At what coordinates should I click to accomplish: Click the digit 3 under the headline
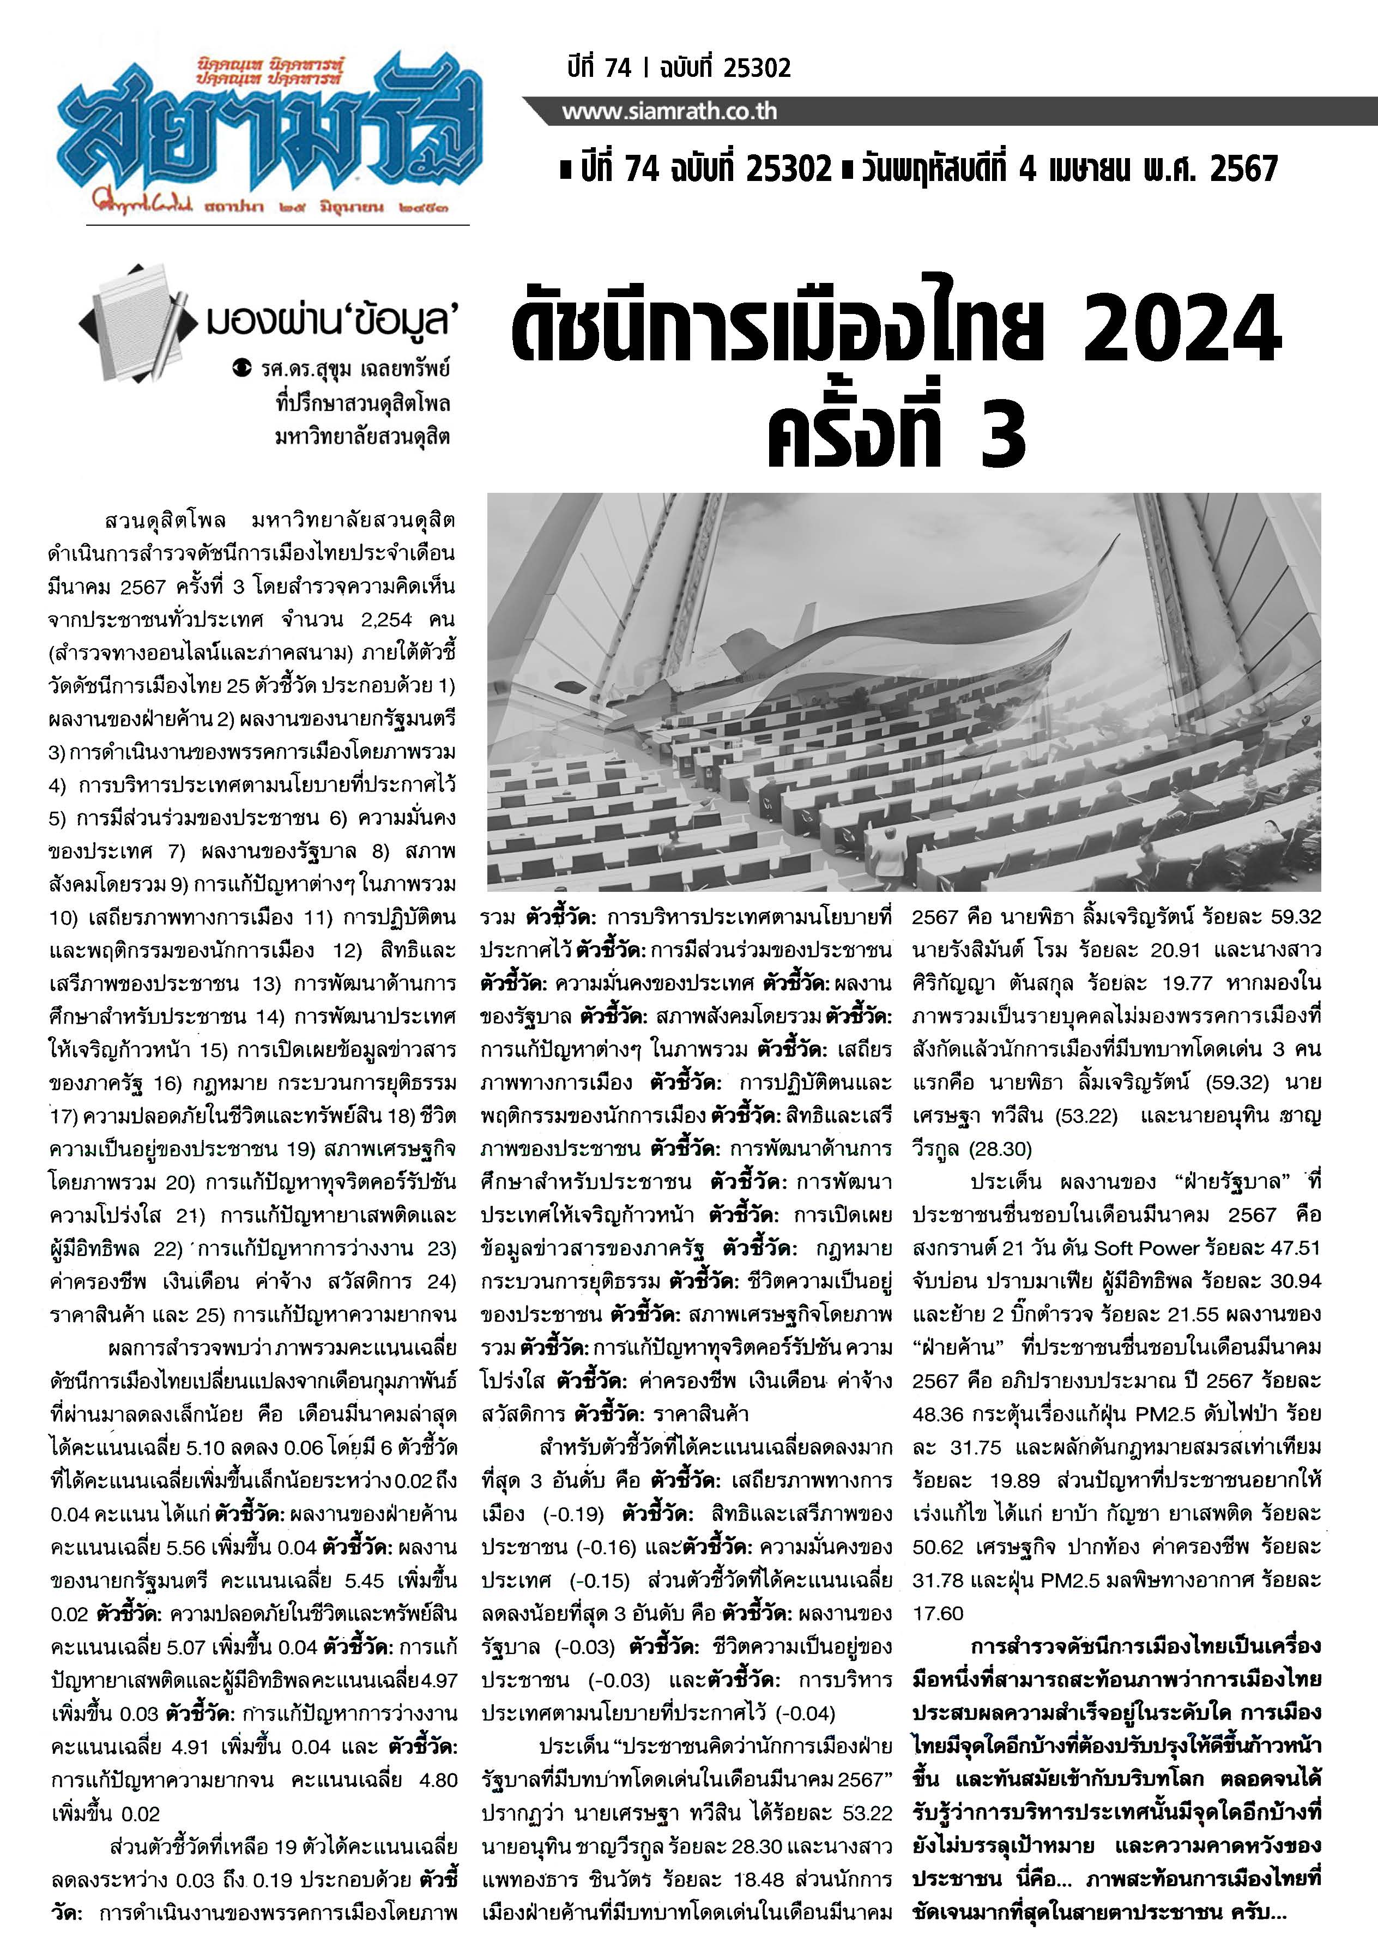tap(1002, 434)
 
